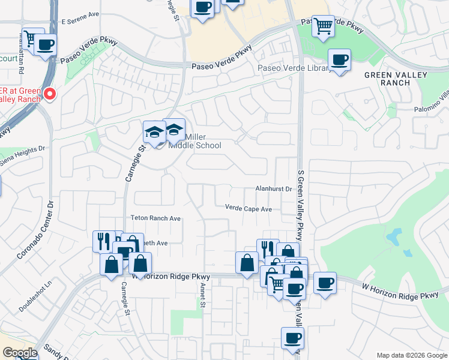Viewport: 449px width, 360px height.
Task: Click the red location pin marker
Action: tap(49, 94)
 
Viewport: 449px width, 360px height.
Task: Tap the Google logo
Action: tap(20, 353)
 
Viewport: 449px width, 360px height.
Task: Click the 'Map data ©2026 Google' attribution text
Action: tap(411, 355)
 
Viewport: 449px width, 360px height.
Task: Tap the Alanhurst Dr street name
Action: tap(273, 188)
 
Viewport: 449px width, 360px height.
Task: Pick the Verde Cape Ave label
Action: tap(249, 209)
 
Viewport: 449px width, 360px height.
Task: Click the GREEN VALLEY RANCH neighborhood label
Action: tap(396, 79)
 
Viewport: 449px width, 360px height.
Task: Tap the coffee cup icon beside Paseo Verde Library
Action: tap(339, 60)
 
